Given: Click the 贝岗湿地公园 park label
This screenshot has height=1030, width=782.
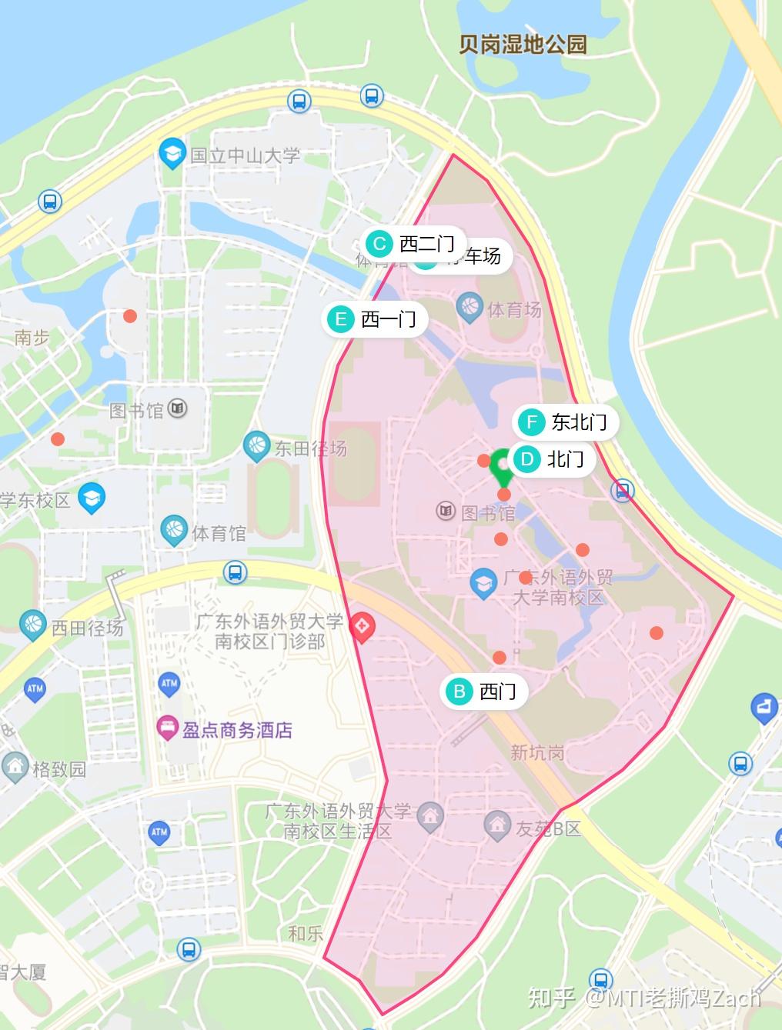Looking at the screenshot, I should (x=523, y=44).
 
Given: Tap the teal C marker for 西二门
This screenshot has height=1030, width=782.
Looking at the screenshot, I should (x=379, y=245).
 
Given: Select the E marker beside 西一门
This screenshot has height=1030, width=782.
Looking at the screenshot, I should (x=340, y=319).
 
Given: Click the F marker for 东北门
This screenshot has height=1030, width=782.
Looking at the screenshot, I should (x=531, y=422).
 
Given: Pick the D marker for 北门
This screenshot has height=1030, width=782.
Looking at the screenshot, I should (x=527, y=460).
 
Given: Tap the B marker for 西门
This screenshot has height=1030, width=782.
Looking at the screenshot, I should (x=460, y=692).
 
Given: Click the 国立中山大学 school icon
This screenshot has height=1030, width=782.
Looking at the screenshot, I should (x=172, y=153).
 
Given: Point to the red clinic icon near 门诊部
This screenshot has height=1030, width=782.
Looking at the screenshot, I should (x=362, y=628).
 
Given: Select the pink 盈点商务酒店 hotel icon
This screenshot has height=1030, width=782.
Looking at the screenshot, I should (x=167, y=728).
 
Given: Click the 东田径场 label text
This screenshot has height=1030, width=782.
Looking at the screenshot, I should (x=311, y=448).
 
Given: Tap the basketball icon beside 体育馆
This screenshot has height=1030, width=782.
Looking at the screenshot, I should (x=175, y=530).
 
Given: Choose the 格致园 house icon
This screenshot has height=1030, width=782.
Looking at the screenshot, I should (x=15, y=767).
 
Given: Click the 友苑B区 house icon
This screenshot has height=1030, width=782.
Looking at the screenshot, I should (x=498, y=826).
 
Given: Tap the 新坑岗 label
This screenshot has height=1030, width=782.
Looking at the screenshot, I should (x=538, y=752).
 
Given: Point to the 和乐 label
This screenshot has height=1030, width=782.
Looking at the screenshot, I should (x=305, y=933).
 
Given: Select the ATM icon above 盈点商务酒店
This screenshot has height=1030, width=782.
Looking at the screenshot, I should (x=169, y=682).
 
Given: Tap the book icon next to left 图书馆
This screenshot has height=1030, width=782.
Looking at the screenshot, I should (x=178, y=408).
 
